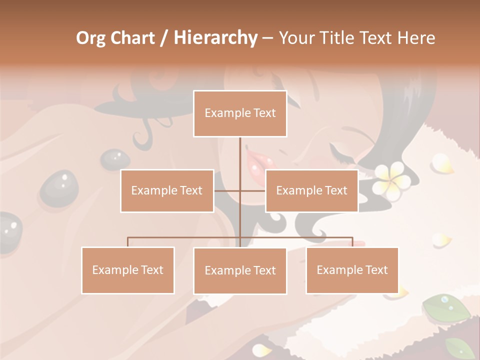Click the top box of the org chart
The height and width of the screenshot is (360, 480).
[x=240, y=113]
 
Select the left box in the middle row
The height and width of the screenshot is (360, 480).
[x=167, y=190]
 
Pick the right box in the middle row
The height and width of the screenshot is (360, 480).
[x=311, y=190]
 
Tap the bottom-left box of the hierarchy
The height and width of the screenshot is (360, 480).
[x=128, y=270]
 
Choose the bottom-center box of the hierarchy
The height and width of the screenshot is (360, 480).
[x=240, y=270]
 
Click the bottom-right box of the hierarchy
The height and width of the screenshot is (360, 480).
[x=352, y=270]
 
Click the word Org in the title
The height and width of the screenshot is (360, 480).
[x=90, y=38]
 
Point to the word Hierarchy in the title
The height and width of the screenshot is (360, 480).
[x=215, y=38]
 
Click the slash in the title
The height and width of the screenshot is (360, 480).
[x=164, y=38]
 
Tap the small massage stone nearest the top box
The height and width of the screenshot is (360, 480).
[x=114, y=158]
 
